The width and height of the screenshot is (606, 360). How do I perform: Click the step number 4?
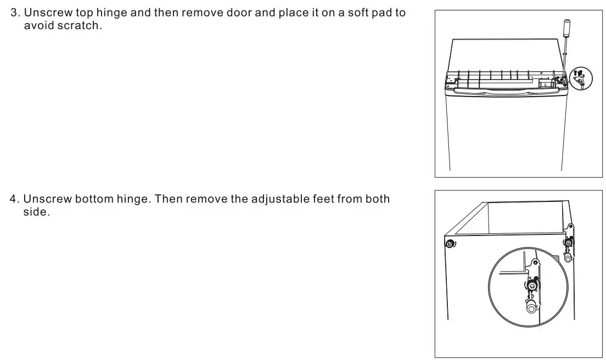tap(14, 199)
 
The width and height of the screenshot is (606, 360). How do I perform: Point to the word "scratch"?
tap(80, 26)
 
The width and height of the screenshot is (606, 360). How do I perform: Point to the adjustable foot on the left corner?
tap(449, 244)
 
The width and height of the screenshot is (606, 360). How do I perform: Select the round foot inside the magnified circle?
tap(531, 308)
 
